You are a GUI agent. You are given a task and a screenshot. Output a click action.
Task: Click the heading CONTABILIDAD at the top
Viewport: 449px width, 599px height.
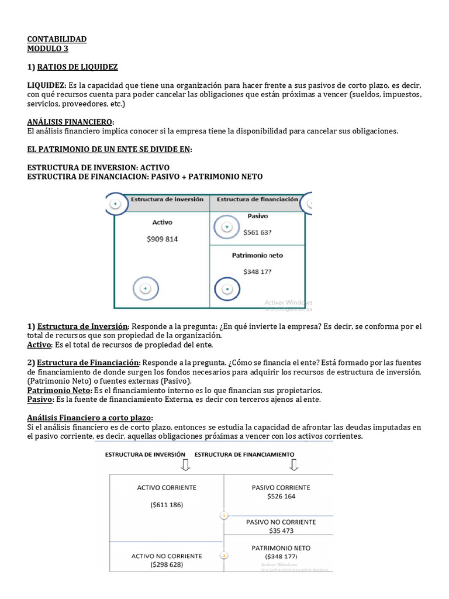point(57,39)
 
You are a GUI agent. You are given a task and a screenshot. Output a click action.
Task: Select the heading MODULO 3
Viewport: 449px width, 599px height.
point(48,49)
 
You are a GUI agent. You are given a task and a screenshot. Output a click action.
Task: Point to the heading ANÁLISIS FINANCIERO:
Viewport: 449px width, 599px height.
point(71,122)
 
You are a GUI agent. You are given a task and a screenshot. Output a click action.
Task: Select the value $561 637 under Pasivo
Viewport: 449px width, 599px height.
point(257,232)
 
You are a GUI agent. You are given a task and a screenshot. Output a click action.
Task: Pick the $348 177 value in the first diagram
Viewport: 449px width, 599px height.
point(257,271)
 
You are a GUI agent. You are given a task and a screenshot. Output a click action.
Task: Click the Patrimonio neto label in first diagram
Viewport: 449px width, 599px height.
point(257,256)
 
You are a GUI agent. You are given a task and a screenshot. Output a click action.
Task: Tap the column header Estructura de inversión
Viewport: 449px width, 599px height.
point(167,199)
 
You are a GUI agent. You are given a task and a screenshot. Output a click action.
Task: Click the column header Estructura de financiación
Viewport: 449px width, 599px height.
point(257,199)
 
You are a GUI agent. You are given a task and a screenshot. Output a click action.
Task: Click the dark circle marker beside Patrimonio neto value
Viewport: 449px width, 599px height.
point(227,288)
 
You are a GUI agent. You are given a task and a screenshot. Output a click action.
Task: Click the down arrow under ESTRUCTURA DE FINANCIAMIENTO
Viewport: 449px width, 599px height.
point(293,464)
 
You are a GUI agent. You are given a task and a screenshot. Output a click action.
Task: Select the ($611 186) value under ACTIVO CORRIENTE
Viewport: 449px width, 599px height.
point(167,505)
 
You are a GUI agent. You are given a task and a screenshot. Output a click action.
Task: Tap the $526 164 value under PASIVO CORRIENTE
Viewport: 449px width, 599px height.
point(281,496)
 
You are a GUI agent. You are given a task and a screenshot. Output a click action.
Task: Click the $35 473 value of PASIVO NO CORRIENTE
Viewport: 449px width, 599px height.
point(281,531)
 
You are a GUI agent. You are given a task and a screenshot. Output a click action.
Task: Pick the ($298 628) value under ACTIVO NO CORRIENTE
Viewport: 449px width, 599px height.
point(167,565)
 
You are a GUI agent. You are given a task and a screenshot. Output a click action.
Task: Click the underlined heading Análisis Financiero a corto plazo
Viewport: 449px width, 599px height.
point(90,418)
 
